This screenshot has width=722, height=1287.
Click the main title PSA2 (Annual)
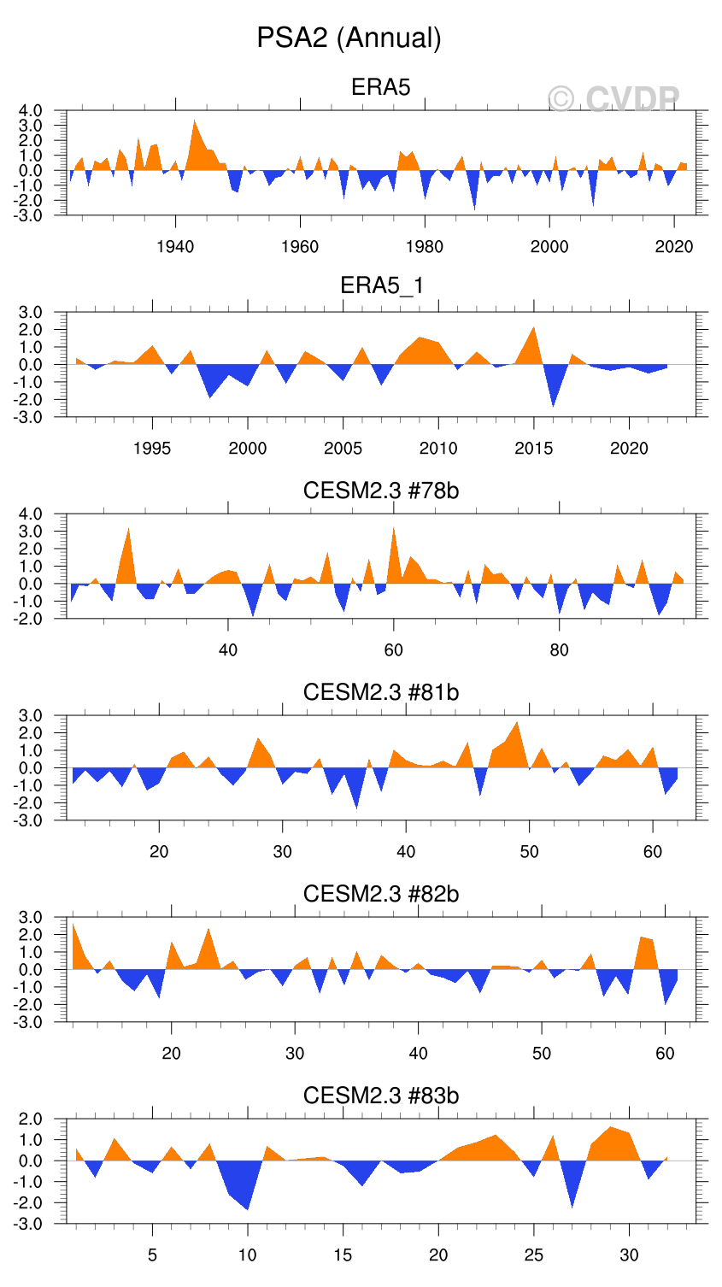[x=349, y=38]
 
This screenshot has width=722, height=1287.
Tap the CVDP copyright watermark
[x=613, y=100]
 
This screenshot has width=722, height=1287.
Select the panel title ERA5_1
[x=381, y=285]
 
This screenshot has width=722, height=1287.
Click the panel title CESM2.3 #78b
[x=381, y=491]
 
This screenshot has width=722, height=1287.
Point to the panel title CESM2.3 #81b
[x=381, y=692]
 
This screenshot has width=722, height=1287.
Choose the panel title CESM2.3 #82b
[x=381, y=894]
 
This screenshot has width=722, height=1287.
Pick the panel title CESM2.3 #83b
[x=381, y=1096]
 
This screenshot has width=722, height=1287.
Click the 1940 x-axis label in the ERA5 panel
[x=175, y=247]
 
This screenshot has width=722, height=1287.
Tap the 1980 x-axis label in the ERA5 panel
[x=425, y=247]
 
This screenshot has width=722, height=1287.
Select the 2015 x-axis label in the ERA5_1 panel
[x=534, y=449]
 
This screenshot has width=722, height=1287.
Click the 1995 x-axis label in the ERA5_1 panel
[x=152, y=449]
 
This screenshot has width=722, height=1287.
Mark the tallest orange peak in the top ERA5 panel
[x=195, y=122]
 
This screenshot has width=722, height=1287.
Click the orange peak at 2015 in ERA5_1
[x=534, y=329]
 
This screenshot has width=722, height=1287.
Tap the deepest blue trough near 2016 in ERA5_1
[x=554, y=404]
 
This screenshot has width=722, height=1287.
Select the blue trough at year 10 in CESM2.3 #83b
[x=248, y=1208]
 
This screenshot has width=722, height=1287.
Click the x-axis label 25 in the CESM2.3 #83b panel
[x=534, y=1255]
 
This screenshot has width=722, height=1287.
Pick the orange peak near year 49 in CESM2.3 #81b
[x=517, y=724]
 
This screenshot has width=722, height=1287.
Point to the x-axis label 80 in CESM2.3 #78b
[x=559, y=650]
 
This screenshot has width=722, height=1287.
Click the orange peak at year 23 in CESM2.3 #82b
[x=208, y=930]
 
